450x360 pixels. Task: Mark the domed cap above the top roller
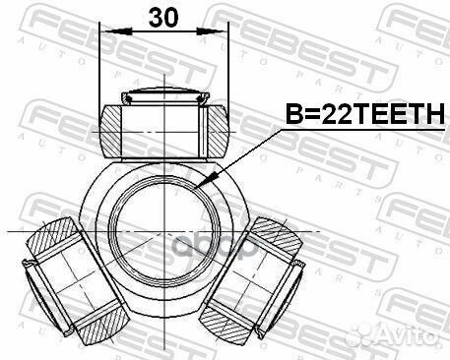tap(163, 97)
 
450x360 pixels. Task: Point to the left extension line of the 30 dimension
tap(102, 69)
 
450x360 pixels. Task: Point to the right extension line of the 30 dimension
tap(227, 69)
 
